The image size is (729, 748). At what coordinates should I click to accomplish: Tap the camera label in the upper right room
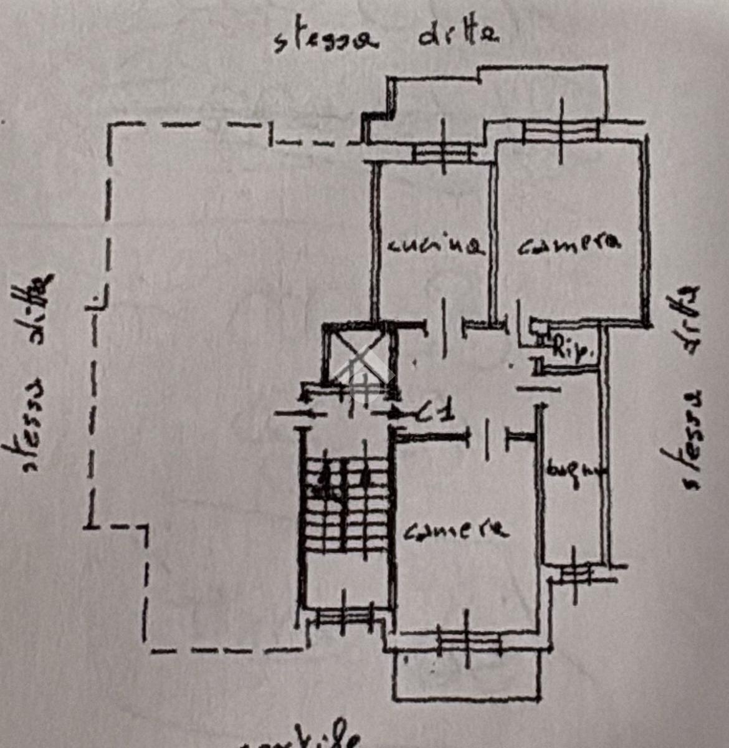pyautogui.click(x=569, y=244)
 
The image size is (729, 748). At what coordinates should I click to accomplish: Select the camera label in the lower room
pyautogui.click(x=456, y=530)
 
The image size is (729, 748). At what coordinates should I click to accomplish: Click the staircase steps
pyautogui.click(x=345, y=505)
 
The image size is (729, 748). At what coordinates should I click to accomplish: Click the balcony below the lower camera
pyautogui.click(x=466, y=676)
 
